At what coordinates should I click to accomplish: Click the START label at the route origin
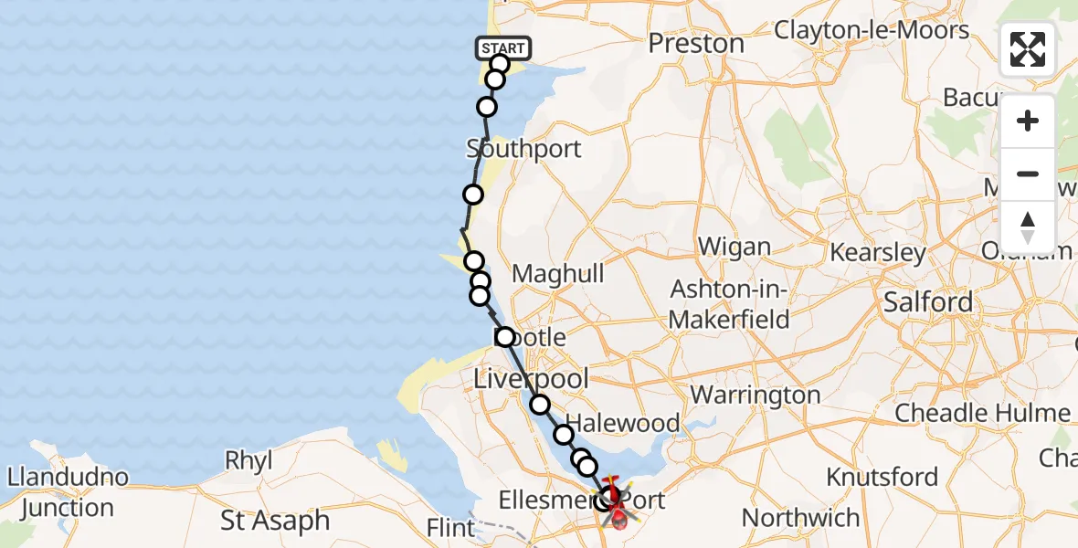click(x=502, y=48)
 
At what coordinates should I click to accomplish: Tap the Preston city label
click(x=696, y=43)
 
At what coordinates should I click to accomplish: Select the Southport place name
click(x=523, y=148)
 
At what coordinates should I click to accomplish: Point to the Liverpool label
click(x=531, y=377)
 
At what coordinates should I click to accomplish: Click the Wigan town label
click(x=734, y=247)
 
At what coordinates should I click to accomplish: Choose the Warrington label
click(x=756, y=395)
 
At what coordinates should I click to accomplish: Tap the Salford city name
click(x=927, y=302)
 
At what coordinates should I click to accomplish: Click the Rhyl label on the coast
click(x=248, y=460)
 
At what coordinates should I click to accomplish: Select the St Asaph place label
click(x=275, y=521)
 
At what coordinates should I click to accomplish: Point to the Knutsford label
click(x=882, y=477)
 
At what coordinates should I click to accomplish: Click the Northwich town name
click(x=801, y=518)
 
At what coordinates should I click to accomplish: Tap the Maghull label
click(x=557, y=274)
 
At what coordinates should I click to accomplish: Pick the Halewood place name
click(x=631, y=424)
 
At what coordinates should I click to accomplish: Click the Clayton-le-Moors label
click(x=872, y=30)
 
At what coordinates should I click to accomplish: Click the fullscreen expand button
click(x=1028, y=49)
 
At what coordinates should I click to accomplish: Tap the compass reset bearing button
click(x=1028, y=226)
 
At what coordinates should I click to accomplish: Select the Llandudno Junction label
click(x=69, y=492)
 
